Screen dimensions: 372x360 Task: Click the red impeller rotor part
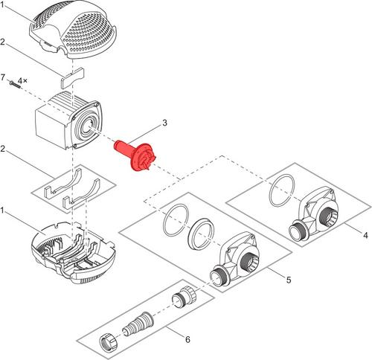(x=136, y=155)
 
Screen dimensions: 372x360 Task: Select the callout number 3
(x=164, y=123)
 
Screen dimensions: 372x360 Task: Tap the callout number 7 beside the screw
(x=3, y=77)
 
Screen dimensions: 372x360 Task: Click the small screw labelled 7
(x=14, y=84)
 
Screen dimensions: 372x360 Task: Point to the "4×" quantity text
(x=23, y=80)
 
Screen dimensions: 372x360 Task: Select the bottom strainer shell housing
(x=74, y=253)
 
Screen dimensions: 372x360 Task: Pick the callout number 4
(x=365, y=235)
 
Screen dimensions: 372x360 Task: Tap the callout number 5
(x=289, y=280)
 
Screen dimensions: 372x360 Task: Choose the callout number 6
(x=187, y=339)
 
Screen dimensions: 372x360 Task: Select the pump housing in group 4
(x=313, y=215)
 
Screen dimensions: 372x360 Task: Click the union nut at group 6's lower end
(x=108, y=341)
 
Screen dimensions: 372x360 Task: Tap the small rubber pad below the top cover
(x=72, y=77)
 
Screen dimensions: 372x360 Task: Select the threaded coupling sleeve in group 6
(x=184, y=297)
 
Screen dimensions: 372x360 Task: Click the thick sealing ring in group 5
(x=201, y=234)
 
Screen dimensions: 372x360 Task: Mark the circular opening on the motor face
(x=87, y=126)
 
